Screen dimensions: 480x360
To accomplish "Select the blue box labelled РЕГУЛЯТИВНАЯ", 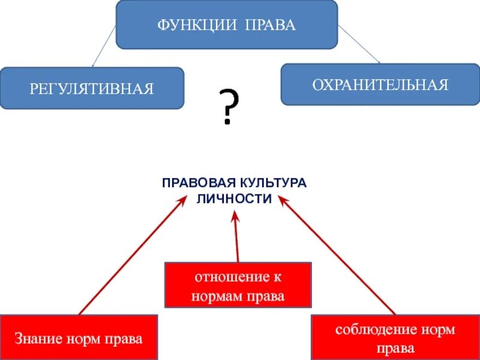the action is [x=91, y=88].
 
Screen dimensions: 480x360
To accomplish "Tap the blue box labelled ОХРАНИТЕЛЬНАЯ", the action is [x=380, y=83].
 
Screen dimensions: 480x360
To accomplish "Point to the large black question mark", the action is [x=227, y=107].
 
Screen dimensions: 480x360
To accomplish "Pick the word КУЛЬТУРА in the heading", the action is [x=274, y=182].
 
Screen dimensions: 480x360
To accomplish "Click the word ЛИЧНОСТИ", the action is [x=234, y=199].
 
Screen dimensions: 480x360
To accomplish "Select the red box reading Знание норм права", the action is [x=79, y=338].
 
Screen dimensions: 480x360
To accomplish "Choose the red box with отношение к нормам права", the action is [x=238, y=285].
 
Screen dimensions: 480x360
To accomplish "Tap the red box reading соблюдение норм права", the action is [x=395, y=337].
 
